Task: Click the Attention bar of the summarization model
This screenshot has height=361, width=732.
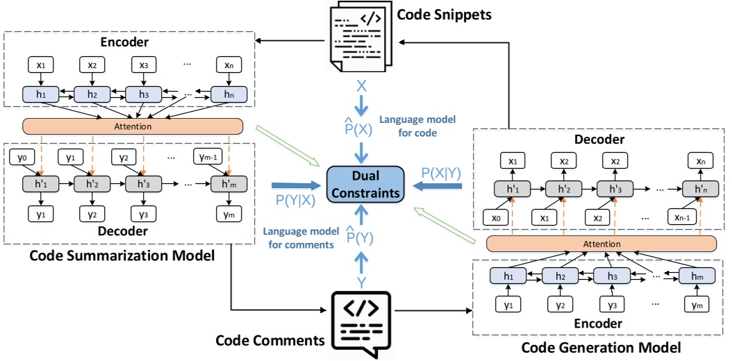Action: tap(133, 126)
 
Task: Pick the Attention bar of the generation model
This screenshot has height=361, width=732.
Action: tap(601, 244)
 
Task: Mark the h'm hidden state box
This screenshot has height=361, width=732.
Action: tap(227, 185)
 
